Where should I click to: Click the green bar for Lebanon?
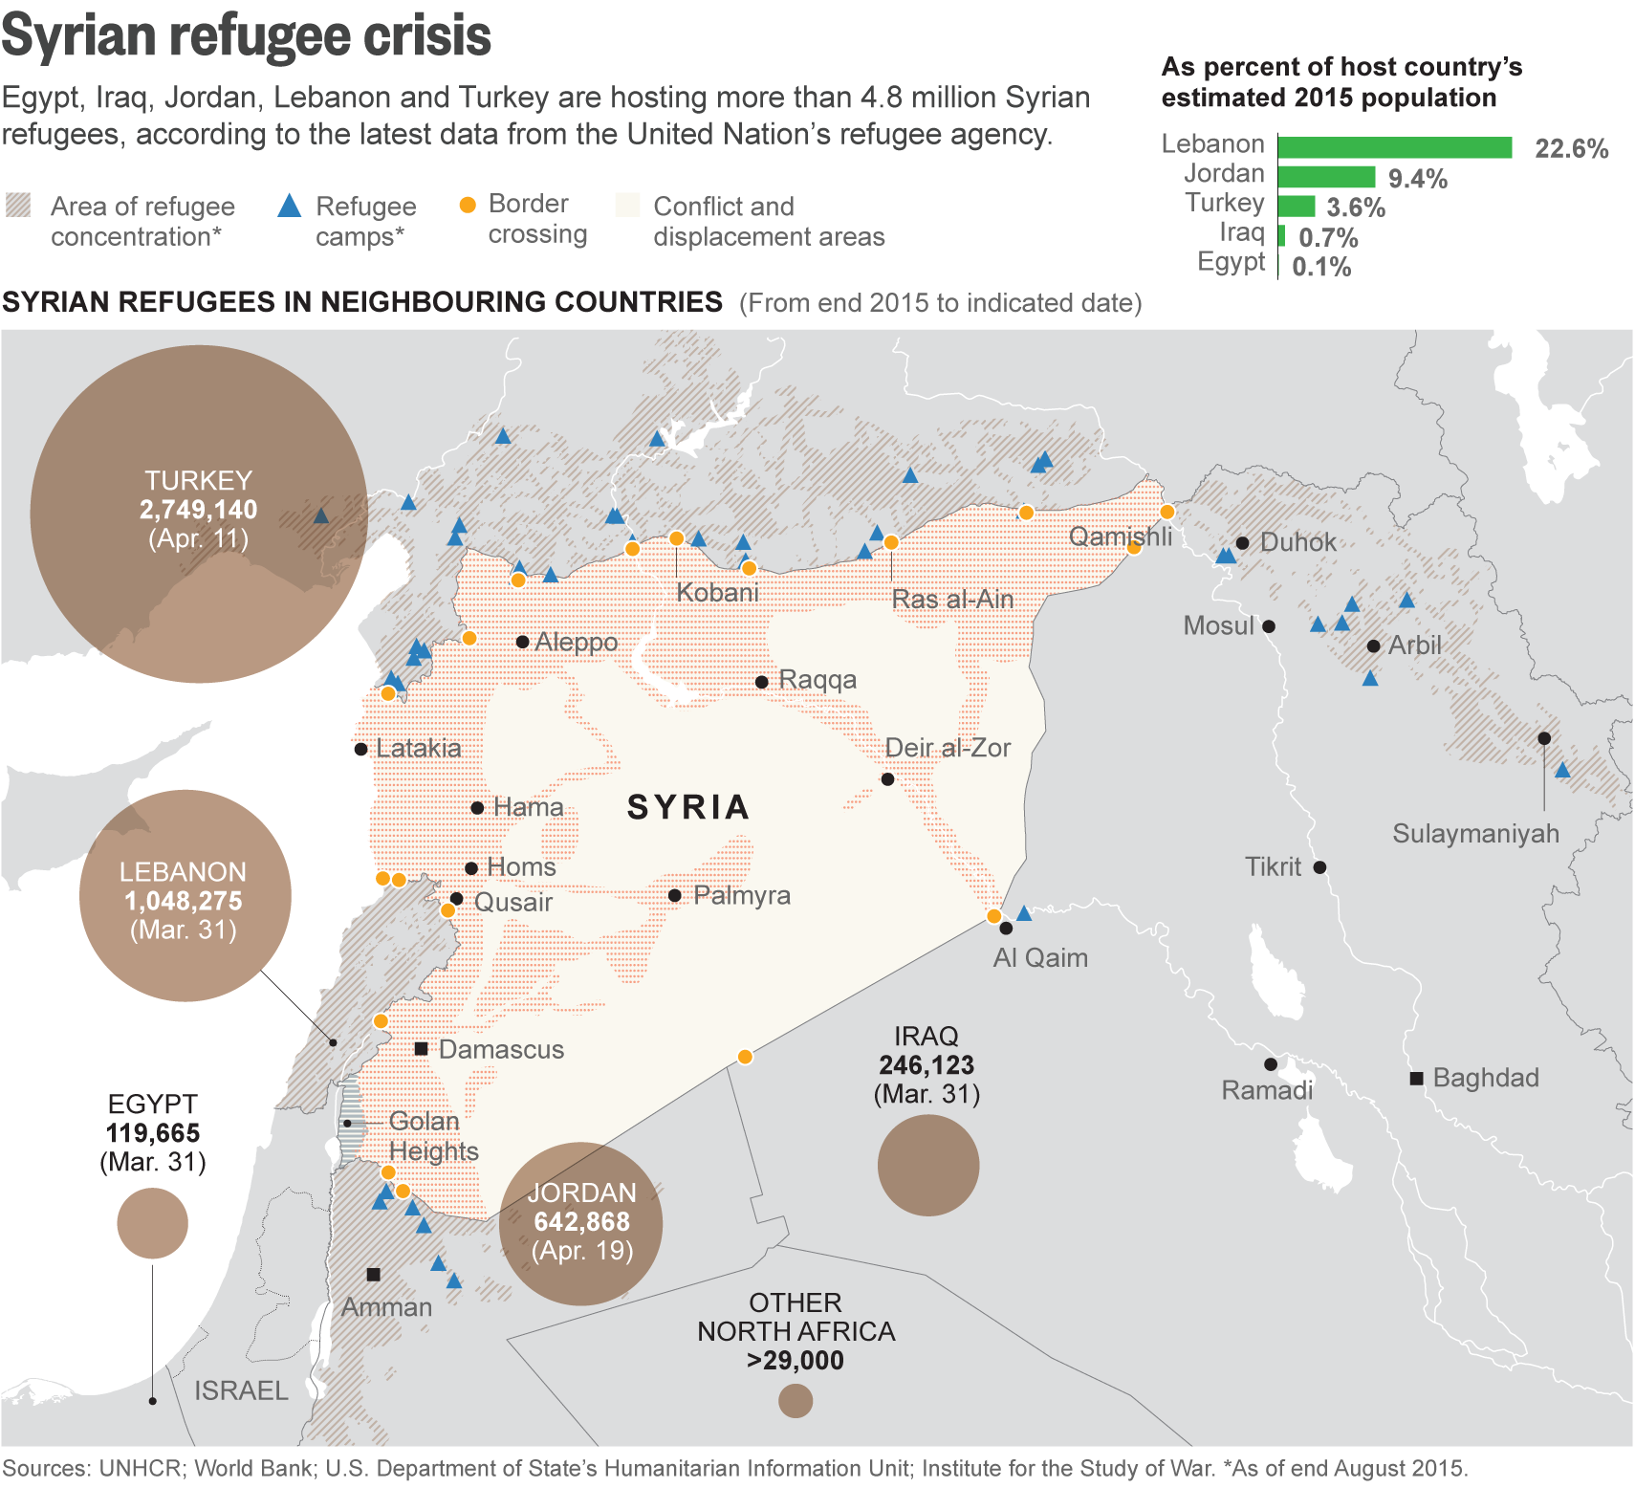pyautogui.click(x=1394, y=147)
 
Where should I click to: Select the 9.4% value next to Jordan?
pyautogui.click(x=1417, y=179)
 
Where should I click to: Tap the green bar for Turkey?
pyautogui.click(x=1297, y=207)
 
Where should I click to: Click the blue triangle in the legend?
pyautogui.click(x=289, y=206)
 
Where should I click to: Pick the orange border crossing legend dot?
pyautogui.click(x=468, y=206)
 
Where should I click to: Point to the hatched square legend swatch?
pyautogui.click(x=18, y=206)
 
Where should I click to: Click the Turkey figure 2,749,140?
pyautogui.click(x=198, y=510)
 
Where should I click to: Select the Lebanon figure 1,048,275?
pyautogui.click(x=183, y=901)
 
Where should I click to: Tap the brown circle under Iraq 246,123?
pyautogui.click(x=927, y=1165)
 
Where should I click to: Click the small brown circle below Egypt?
pyautogui.click(x=152, y=1223)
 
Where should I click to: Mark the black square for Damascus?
pyautogui.click(x=421, y=1049)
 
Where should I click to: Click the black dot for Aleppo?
pyautogui.click(x=522, y=642)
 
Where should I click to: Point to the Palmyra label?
pyautogui.click(x=741, y=896)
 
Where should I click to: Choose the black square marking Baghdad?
pyautogui.click(x=1416, y=1079)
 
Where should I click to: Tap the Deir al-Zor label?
pyautogui.click(x=947, y=748)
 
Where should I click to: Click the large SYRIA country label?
pyautogui.click(x=687, y=807)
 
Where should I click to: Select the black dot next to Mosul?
pyautogui.click(x=1269, y=626)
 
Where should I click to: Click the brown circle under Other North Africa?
pyautogui.click(x=795, y=1401)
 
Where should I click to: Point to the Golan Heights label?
pyautogui.click(x=432, y=1136)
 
